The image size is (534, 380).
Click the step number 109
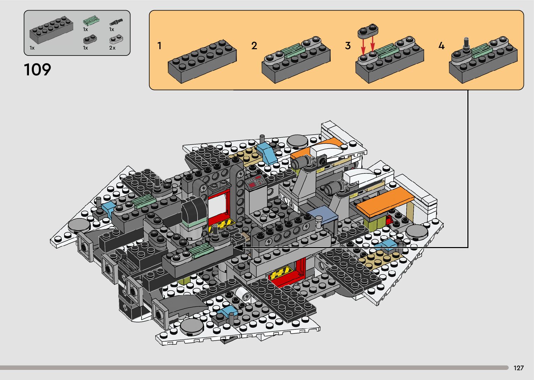[x=37, y=70]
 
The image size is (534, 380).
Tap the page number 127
[x=519, y=368]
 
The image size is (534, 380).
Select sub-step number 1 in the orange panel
[x=159, y=46]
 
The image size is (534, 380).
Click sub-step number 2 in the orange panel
[x=254, y=46]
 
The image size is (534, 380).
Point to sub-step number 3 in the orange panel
[x=348, y=46]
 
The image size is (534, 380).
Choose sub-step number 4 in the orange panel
[x=442, y=46]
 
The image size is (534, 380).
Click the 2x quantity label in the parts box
[x=112, y=48]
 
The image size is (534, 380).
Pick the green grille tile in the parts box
[x=91, y=21]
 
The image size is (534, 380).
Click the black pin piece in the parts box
[x=116, y=22]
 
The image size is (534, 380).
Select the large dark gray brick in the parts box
[x=51, y=30]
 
